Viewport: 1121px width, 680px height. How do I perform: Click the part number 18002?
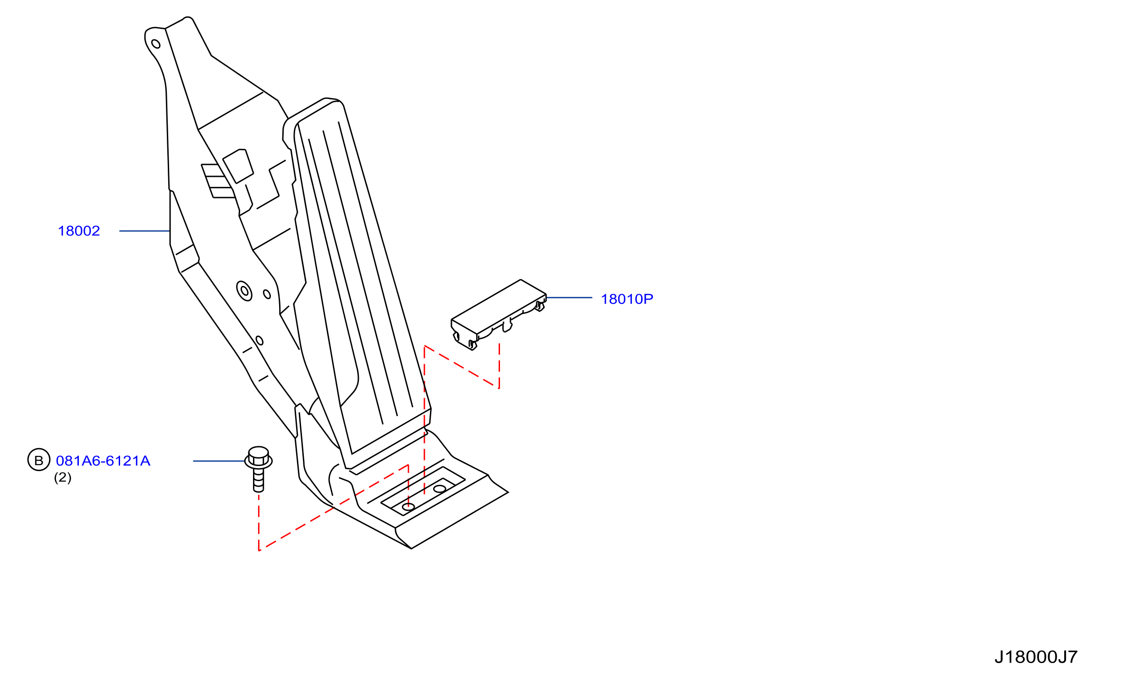click(79, 231)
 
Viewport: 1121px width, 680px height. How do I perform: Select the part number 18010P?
click(627, 299)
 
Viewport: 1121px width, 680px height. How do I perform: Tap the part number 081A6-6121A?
click(103, 461)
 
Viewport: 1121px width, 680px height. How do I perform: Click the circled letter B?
click(39, 460)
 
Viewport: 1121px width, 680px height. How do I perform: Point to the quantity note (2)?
click(63, 477)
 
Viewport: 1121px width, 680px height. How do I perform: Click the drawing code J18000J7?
click(1036, 657)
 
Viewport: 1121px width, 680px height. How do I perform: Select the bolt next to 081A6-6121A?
click(258, 469)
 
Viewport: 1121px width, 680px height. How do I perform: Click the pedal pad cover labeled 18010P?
click(499, 314)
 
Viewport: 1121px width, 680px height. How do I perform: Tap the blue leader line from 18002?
click(144, 231)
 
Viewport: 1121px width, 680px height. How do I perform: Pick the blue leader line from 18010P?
click(569, 298)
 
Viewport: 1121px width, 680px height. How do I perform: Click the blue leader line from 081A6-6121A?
click(219, 461)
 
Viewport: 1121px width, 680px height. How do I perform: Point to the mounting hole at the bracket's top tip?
click(156, 44)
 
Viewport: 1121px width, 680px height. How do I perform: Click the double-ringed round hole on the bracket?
click(244, 291)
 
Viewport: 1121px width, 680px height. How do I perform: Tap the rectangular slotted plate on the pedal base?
click(423, 491)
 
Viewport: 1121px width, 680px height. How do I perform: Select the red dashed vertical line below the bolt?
click(259, 522)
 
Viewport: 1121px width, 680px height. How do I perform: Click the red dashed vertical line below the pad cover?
click(499, 366)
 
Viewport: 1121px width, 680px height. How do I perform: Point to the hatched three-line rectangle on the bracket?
click(218, 181)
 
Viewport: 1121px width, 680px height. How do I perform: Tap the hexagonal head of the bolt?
click(258, 455)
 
